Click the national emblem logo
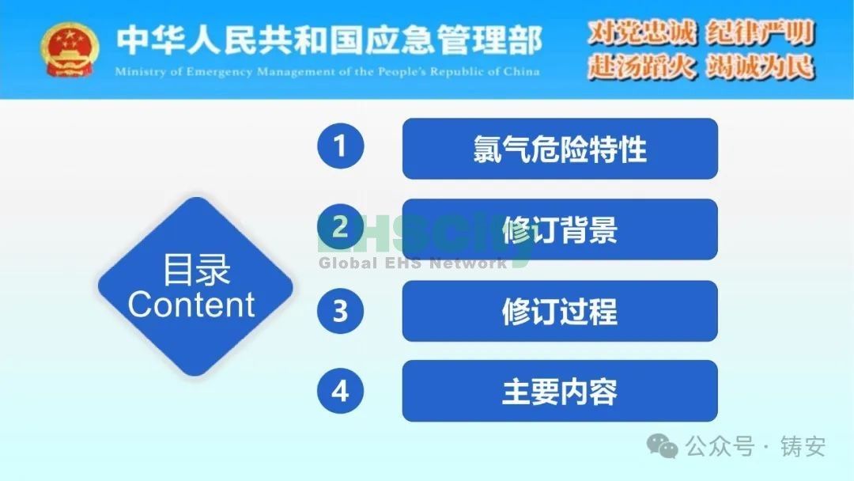click(70, 50)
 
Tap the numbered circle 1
click(340, 146)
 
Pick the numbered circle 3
click(340, 310)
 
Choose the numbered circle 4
click(340, 391)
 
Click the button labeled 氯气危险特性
click(560, 149)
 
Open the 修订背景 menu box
click(560, 229)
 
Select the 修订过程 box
click(560, 311)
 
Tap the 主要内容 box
click(560, 391)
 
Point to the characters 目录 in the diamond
click(196, 269)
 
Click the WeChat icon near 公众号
click(663, 446)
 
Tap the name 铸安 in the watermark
click(803, 446)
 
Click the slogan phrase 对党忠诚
click(642, 32)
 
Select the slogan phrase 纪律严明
click(761, 32)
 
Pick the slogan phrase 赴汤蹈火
click(642, 67)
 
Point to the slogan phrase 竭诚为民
click(761, 67)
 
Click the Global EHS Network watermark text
click(412, 263)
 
